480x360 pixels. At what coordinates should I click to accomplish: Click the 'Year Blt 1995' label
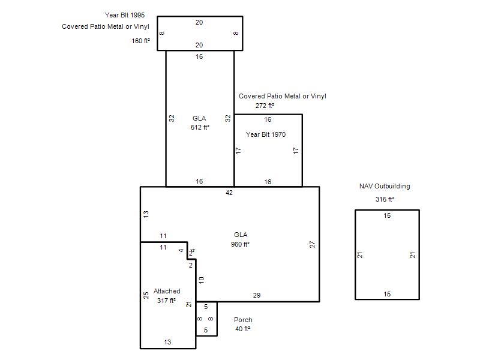[125, 15]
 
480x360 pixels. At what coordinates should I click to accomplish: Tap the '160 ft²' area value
[141, 41]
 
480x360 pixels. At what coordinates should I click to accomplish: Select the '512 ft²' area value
[200, 127]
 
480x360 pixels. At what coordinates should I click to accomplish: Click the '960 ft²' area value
[241, 244]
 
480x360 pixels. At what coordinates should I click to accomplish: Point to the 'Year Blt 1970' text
[266, 134]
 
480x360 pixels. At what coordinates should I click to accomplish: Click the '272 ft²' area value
[265, 106]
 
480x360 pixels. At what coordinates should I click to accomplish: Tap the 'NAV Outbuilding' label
[385, 186]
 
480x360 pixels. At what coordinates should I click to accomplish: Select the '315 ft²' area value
[385, 199]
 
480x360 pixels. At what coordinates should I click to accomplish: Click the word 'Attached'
[167, 291]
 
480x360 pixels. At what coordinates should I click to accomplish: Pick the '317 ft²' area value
[167, 301]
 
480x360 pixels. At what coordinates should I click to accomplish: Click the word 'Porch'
[243, 320]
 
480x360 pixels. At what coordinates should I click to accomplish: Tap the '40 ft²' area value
[243, 329]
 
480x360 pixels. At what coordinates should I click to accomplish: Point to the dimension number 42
[229, 193]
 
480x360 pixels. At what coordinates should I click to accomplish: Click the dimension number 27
[312, 244]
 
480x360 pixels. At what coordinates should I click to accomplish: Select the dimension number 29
[257, 295]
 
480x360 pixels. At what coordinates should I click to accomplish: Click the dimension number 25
[146, 295]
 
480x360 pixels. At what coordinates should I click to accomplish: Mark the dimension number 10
[201, 280]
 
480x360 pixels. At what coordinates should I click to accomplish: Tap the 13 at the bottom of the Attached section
[167, 342]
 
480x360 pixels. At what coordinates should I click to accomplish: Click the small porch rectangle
[217, 319]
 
